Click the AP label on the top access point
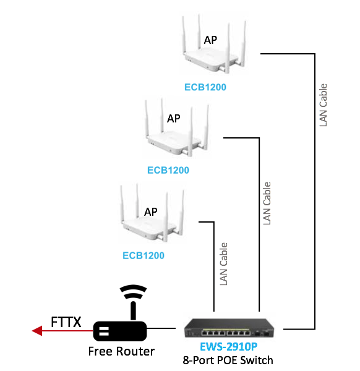[210, 40]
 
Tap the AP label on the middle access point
[173, 119]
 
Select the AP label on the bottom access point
[151, 211]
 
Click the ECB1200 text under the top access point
[205, 87]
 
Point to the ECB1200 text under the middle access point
[168, 171]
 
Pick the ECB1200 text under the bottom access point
[144, 255]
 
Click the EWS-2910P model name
[229, 347]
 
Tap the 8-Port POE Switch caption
[228, 360]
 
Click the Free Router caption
[121, 351]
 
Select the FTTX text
[66, 322]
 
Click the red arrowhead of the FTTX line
[37, 331]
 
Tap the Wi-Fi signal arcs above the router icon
[133, 292]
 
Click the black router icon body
[120, 331]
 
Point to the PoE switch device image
[229, 328]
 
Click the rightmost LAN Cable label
[323, 105]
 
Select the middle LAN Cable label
[267, 203]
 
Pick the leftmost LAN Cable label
[224, 264]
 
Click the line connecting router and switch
[161, 328]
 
